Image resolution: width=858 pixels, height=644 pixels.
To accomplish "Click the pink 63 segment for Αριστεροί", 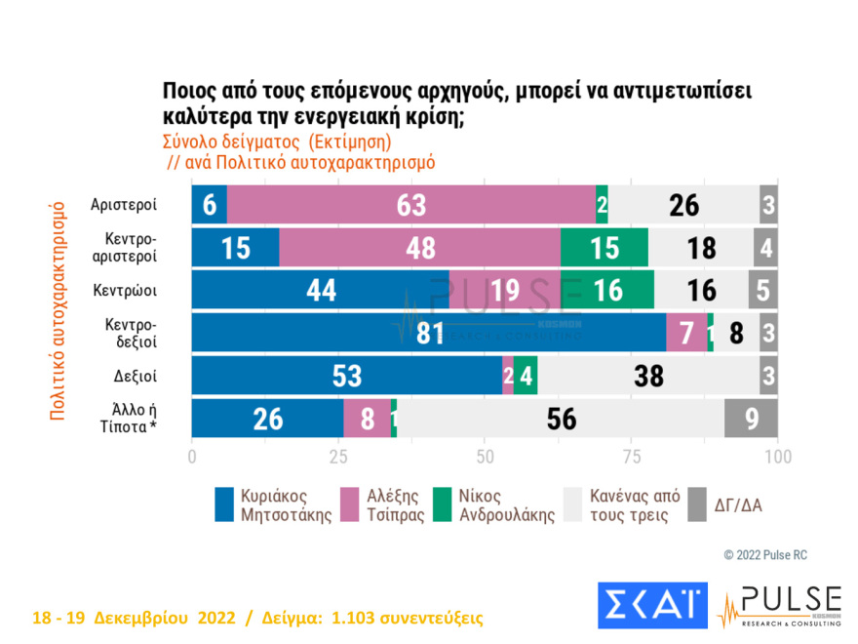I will [410, 205].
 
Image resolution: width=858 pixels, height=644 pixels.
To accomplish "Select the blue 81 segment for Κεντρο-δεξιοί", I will [428, 333].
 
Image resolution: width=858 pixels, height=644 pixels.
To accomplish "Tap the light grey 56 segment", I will [561, 419].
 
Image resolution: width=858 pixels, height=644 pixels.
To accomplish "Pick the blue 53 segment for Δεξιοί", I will [346, 376].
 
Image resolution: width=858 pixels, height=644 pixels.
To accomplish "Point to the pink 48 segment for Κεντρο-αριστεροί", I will [420, 248].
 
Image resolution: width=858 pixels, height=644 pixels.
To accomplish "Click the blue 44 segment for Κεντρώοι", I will [321, 290].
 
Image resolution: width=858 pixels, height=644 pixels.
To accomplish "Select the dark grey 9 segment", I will [751, 419].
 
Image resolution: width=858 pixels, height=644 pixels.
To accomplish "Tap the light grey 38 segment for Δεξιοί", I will [648, 376].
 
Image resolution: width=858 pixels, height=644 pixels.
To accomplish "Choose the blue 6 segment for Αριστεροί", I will [209, 205].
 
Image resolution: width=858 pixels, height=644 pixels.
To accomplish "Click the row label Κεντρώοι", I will [126, 290].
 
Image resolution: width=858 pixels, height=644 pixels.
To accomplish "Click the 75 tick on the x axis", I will [631, 457].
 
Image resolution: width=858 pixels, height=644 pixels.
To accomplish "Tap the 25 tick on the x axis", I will [338, 457].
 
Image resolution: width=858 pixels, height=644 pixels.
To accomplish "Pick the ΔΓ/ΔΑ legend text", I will [739, 505].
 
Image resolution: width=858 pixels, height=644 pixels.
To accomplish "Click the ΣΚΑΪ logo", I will [651, 607].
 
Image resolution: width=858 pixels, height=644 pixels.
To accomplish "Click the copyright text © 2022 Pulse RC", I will [765, 555].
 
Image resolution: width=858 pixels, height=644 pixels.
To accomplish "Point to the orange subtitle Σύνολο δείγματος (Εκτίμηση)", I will [276, 142].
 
